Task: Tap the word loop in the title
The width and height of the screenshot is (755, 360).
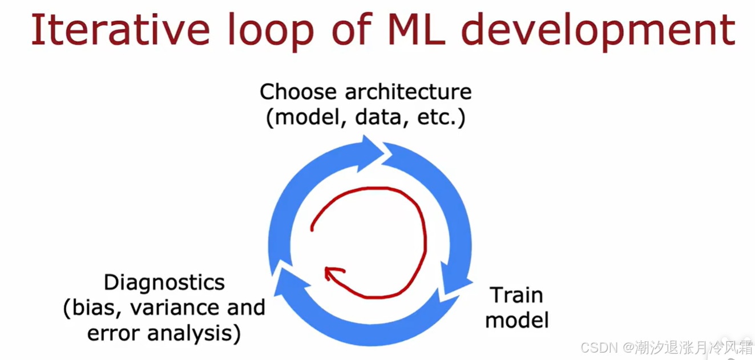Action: [270, 32]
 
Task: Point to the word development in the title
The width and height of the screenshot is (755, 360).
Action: [598, 32]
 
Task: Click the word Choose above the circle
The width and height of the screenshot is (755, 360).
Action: [298, 91]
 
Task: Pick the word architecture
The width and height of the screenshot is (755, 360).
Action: [408, 91]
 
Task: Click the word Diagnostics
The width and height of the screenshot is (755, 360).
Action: [164, 282]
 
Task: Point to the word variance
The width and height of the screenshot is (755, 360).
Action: [174, 308]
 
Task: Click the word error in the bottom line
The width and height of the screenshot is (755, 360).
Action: [112, 334]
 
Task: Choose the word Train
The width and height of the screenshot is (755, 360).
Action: [516, 295]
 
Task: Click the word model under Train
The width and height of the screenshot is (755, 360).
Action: [517, 320]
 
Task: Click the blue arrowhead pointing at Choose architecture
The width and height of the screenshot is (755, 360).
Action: [371, 153]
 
